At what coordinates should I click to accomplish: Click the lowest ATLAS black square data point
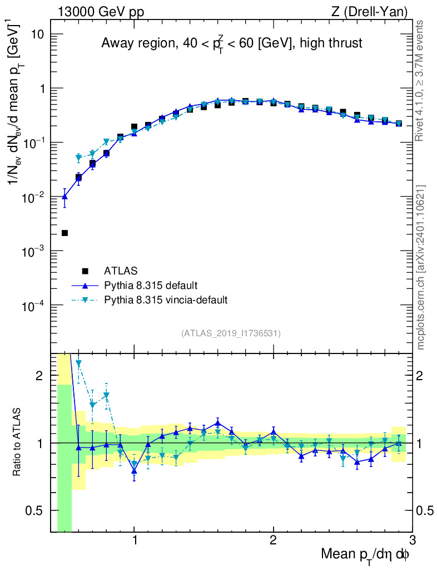pyautogui.click(x=64, y=233)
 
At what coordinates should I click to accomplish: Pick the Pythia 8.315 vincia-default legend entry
pyautogui.click(x=165, y=300)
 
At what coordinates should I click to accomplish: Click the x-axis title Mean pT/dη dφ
pyautogui.click(x=365, y=554)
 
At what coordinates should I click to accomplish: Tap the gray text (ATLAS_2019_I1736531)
pyautogui.click(x=231, y=333)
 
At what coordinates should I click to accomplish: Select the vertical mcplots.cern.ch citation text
pyautogui.click(x=421, y=267)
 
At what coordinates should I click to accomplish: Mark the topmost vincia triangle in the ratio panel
pyautogui.click(x=78, y=363)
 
